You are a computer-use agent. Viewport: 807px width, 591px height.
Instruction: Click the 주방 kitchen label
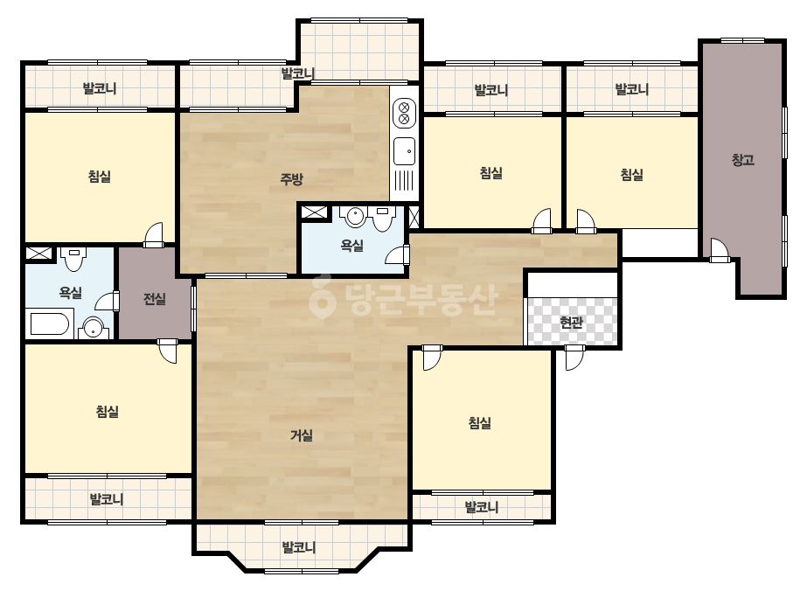[291, 179]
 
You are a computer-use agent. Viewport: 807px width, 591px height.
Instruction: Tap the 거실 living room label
[302, 435]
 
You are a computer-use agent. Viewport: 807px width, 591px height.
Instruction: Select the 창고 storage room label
[743, 160]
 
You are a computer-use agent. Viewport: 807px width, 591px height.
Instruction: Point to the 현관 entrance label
[571, 323]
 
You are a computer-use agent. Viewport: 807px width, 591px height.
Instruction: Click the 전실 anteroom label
[155, 299]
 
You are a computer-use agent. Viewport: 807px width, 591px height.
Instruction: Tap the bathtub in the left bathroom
[50, 324]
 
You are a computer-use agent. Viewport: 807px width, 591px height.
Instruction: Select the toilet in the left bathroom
[73, 259]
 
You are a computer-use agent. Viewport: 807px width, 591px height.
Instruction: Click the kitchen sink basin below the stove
[405, 151]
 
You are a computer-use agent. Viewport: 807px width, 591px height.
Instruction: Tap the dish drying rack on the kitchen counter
[405, 181]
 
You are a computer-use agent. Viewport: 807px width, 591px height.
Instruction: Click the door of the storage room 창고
[720, 251]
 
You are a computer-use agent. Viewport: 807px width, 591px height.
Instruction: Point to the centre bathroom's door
[397, 256]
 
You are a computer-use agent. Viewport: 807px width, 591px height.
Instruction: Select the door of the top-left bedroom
[153, 235]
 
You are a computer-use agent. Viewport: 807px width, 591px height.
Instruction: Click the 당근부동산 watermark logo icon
[322, 297]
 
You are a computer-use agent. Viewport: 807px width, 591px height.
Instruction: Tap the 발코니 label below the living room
[299, 546]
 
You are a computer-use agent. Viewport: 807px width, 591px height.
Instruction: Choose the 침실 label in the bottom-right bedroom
[480, 423]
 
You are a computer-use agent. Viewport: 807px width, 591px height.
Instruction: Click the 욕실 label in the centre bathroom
[352, 246]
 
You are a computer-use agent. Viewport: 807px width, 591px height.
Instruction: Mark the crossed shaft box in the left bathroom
[39, 254]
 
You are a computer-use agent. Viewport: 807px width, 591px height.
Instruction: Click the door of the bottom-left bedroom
[167, 351]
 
